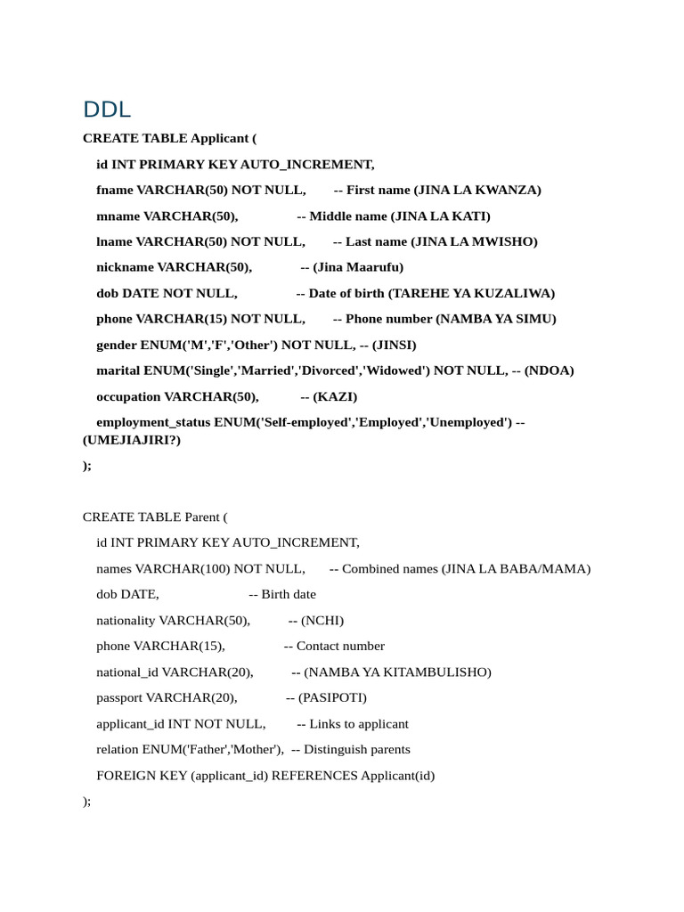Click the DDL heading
(107, 110)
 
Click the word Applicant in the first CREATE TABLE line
(220, 138)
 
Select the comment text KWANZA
(509, 190)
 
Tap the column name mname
(118, 216)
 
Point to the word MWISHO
(506, 241)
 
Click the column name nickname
(125, 267)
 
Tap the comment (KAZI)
(335, 396)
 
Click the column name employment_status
(153, 422)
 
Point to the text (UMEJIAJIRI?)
(131, 440)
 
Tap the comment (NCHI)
(322, 620)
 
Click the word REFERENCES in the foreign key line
(314, 775)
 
